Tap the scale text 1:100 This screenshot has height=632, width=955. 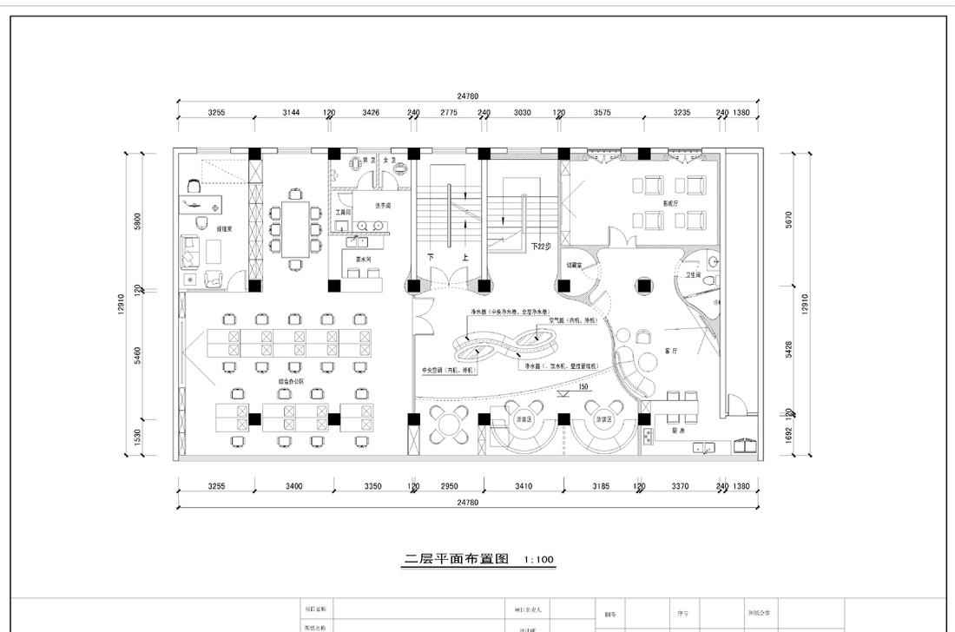(x=539, y=561)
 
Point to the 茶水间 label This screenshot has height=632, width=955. (x=363, y=260)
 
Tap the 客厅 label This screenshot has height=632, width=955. (x=670, y=351)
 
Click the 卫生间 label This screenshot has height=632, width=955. (x=693, y=275)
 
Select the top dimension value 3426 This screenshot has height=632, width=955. (x=371, y=113)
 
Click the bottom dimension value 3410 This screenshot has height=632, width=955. (x=524, y=486)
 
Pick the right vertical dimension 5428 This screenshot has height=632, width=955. (x=788, y=348)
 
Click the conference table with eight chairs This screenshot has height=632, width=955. (x=295, y=229)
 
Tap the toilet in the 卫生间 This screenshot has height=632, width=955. (x=708, y=282)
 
